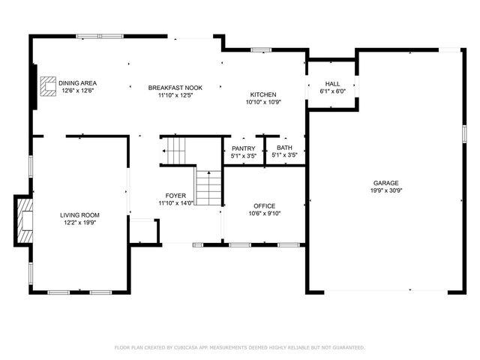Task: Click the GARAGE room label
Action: tap(385, 183)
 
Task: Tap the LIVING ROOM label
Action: tap(79, 215)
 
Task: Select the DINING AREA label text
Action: tap(77, 83)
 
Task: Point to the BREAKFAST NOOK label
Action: tap(175, 88)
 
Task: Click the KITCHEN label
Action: tap(263, 94)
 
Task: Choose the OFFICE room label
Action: tap(265, 206)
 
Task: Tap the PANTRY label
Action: tap(243, 148)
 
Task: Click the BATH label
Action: tap(284, 148)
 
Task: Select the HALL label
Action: tap(332, 84)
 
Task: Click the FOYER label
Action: tap(175, 196)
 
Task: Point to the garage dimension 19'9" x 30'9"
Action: tap(385, 190)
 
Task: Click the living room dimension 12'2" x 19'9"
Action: tap(79, 223)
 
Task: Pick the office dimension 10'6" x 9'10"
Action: tap(265, 213)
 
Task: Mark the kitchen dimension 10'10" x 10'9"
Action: tap(263, 102)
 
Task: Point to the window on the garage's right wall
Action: tap(464, 133)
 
